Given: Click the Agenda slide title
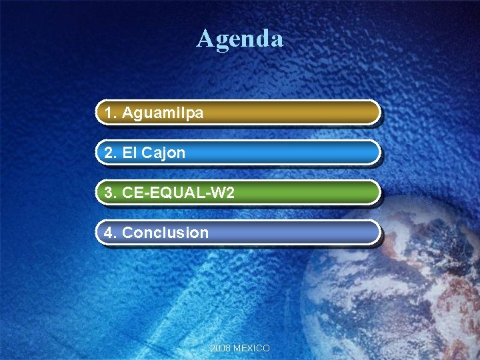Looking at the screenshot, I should tap(240, 38).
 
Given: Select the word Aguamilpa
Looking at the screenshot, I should tap(163, 113).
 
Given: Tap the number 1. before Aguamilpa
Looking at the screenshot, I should tap(111, 113).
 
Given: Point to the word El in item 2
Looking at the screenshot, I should tap(129, 153).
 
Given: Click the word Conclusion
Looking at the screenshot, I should tap(165, 233).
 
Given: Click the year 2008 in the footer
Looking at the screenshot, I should tap(220, 348).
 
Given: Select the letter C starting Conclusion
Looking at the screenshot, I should tap(128, 233).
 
